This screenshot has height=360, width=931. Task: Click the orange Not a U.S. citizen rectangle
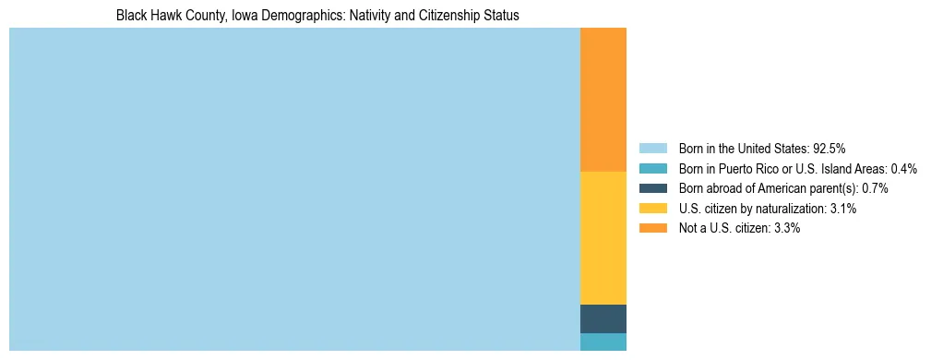point(603,100)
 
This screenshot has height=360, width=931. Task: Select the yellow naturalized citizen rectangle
point(603,237)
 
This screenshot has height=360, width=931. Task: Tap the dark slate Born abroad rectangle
point(603,318)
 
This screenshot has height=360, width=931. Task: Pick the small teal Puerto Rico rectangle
point(603,342)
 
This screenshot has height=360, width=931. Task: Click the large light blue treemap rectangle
point(294,189)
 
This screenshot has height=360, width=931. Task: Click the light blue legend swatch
point(652,149)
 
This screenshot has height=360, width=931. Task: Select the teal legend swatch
point(652,169)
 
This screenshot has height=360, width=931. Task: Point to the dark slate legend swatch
point(652,188)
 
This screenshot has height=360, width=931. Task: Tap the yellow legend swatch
point(652,209)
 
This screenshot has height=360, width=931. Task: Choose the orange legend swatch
point(652,229)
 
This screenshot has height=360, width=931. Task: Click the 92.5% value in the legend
point(829,149)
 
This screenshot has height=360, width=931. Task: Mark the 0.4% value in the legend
point(903,169)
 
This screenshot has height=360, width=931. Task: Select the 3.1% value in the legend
point(843,209)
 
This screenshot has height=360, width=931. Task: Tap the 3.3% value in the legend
point(787,229)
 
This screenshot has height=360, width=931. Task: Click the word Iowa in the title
point(227,16)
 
